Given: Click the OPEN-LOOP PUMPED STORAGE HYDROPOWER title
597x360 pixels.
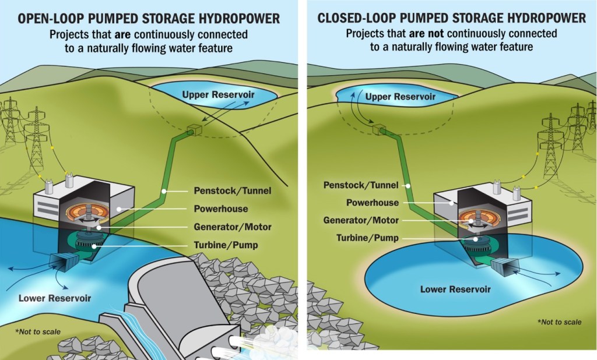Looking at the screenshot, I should coord(149,19).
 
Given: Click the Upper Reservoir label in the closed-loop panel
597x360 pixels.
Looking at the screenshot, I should coord(400,96).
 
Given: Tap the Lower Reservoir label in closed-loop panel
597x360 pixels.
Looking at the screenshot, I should coord(455,289).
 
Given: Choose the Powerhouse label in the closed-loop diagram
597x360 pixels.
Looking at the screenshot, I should coord(373,203).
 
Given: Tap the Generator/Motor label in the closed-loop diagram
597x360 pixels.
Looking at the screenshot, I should coord(361,220).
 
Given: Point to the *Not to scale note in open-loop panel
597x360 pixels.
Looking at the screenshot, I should coord(38,332).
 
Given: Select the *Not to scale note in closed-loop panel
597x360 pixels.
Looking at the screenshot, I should coord(559,322).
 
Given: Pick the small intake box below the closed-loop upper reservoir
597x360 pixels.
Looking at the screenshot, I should coord(381,129).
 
